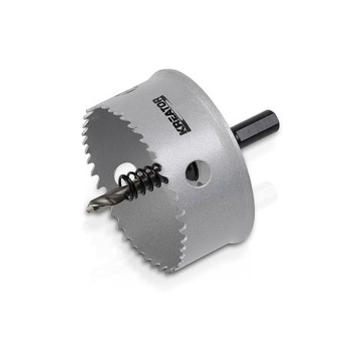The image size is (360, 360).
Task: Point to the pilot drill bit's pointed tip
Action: coord(90,209)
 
